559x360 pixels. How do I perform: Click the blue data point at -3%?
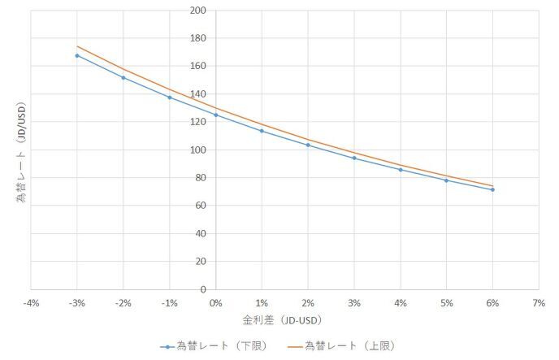click(x=77, y=55)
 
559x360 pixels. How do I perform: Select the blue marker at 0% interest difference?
click(x=215, y=115)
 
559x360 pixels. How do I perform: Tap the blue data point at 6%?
click(x=492, y=189)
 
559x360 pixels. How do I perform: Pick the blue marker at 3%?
click(x=354, y=158)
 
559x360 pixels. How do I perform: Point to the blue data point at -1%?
click(x=169, y=98)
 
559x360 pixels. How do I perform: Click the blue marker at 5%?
click(x=446, y=180)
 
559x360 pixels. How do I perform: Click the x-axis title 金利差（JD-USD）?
click(x=284, y=321)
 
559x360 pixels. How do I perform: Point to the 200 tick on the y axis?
click(x=197, y=11)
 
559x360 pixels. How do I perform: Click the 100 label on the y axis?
click(x=197, y=150)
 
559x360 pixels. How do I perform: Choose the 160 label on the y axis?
click(x=197, y=66)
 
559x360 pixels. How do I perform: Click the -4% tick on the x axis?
click(x=31, y=302)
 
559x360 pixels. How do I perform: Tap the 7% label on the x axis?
click(x=539, y=302)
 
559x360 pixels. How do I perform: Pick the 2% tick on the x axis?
click(x=308, y=302)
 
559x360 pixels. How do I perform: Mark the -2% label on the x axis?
click(x=123, y=302)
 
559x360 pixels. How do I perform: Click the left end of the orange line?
click(x=77, y=46)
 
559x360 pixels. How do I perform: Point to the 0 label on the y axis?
click(x=202, y=289)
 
